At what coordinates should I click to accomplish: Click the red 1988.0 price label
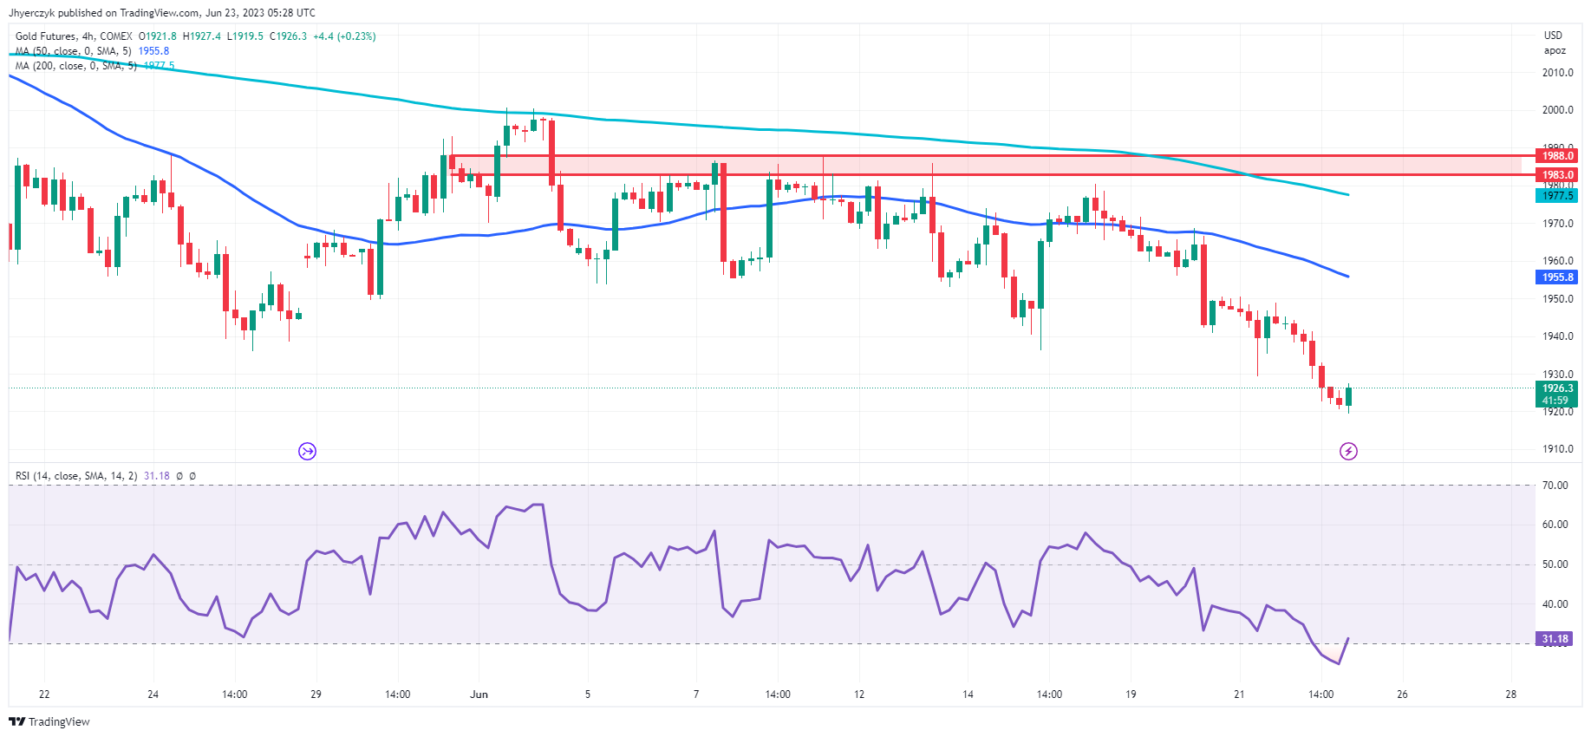coord(1556,156)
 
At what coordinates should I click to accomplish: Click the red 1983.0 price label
coord(1556,175)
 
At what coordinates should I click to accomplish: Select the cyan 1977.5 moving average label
coord(1556,196)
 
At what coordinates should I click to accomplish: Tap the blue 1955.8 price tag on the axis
coord(1556,277)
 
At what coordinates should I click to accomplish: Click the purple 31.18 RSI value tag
coord(1554,639)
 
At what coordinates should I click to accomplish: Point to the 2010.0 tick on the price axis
coord(1557,73)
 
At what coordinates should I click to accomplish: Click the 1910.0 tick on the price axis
coord(1557,449)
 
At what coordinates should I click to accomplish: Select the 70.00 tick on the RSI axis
coord(1555,486)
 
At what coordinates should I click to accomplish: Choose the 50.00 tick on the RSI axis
coord(1555,564)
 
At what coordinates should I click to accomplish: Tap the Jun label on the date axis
coord(479,695)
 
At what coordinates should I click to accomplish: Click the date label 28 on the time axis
coord(1511,695)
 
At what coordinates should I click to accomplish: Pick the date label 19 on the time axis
coord(1131,695)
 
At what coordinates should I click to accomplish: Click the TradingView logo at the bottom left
coord(49,721)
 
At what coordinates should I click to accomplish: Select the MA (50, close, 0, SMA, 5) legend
coord(73,51)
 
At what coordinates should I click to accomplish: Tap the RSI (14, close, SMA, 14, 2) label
coord(76,476)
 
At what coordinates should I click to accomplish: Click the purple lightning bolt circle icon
coord(1348,451)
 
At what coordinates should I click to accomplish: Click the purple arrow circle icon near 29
coord(307,451)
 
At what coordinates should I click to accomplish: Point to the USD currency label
coord(1553,36)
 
